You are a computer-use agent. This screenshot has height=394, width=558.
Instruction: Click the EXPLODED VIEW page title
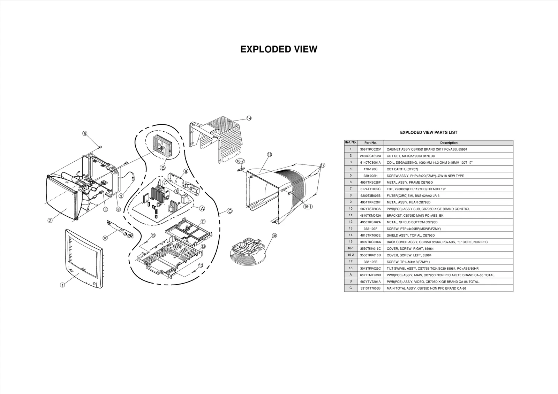[x=279, y=49]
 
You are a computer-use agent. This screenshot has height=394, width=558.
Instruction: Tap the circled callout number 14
[x=249, y=118]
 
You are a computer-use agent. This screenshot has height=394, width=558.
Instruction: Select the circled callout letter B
[x=163, y=168]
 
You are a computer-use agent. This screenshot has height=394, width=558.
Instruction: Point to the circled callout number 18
[x=274, y=236]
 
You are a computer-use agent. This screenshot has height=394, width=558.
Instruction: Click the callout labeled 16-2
[x=240, y=161]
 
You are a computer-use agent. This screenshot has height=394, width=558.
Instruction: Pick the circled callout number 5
[x=85, y=133]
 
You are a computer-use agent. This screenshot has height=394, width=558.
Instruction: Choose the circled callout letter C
[x=229, y=211]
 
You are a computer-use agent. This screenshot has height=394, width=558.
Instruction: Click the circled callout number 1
[x=62, y=285]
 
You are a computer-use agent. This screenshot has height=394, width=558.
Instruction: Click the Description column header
[x=448, y=143]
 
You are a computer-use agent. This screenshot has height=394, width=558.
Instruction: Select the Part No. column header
[x=370, y=143]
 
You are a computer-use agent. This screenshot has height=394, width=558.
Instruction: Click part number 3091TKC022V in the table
[x=370, y=149]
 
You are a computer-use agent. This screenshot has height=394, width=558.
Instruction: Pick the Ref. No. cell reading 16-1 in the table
[x=350, y=248]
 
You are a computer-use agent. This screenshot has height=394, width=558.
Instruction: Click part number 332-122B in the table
[x=370, y=262]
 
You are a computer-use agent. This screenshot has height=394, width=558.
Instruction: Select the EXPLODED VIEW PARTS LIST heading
[x=428, y=132]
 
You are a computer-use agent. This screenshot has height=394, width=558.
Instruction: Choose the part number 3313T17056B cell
[x=370, y=288]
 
